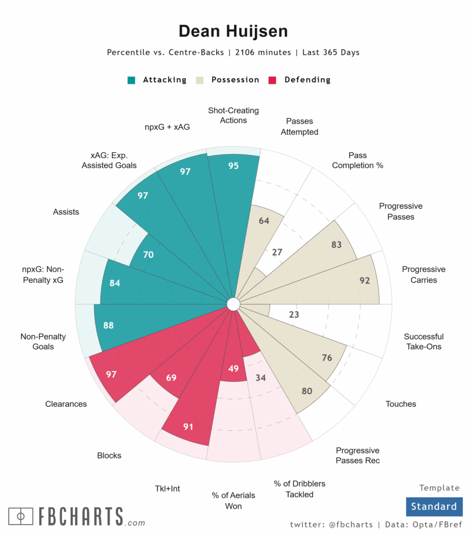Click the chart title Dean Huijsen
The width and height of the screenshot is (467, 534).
(233, 31)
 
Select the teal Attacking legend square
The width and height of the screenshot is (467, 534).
(132, 80)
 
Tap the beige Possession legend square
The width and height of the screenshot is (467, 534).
(200, 80)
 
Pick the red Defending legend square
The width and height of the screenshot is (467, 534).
(272, 80)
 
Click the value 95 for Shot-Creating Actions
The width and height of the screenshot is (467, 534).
(233, 166)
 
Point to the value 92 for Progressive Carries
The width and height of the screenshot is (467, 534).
(365, 281)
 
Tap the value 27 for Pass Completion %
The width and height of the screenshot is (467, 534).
(277, 252)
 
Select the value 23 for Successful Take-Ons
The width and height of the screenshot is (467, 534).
(294, 314)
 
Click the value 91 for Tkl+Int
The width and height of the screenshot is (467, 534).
(188, 427)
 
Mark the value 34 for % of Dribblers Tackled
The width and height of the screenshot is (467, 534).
(261, 378)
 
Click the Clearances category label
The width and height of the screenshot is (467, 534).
(66, 404)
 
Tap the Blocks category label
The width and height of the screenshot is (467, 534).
(109, 455)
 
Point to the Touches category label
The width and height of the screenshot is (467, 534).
(401, 404)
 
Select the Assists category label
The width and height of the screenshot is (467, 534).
(66, 212)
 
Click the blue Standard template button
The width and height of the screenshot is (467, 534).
(434, 506)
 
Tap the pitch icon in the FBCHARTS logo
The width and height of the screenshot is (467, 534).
(21, 516)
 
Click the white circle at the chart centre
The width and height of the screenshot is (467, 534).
(233, 304)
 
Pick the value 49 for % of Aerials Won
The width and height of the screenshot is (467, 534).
(233, 369)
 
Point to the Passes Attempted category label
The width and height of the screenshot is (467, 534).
(299, 127)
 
